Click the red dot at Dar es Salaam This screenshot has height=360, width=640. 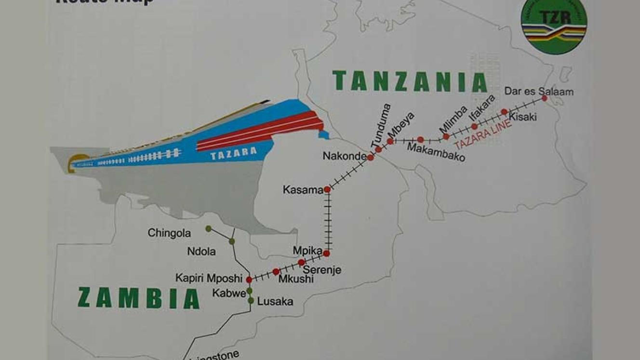(544, 98)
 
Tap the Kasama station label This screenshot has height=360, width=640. (303, 190)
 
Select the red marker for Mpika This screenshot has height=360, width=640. (326, 253)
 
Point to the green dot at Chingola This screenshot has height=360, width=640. (208, 228)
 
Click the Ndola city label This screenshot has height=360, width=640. (201, 252)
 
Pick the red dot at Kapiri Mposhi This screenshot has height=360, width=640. (249, 280)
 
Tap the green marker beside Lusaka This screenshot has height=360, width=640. (251, 301)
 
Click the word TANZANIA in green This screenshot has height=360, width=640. (410, 81)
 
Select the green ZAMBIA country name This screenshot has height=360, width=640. (138, 298)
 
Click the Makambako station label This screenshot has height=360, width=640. (436, 152)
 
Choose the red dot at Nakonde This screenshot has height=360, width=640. (370, 158)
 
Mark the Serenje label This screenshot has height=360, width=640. (321, 270)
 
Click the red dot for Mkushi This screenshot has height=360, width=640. (276, 272)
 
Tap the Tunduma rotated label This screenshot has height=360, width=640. (380, 124)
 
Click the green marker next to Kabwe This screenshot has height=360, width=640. (250, 291)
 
